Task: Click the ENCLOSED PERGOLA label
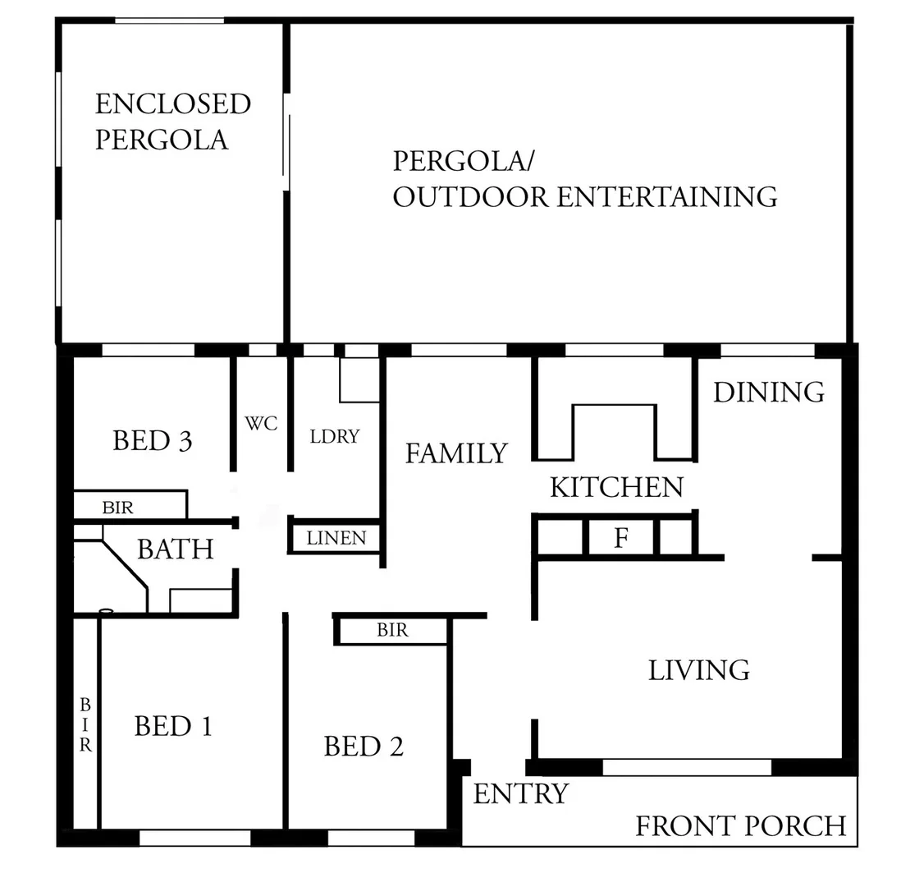[x=172, y=122]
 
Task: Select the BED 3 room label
[x=153, y=441]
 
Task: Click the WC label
[x=261, y=424]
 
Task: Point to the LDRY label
[x=335, y=436]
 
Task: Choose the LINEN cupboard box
[x=336, y=539]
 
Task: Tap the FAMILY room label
[x=456, y=453]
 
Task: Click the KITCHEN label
[x=615, y=487]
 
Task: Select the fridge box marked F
[x=621, y=539]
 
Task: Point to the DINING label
[x=768, y=393]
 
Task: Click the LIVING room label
[x=698, y=670]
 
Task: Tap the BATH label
[x=175, y=549]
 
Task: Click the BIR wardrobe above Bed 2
[x=392, y=631]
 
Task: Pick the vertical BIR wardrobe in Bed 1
[x=85, y=724]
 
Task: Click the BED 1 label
[x=172, y=726]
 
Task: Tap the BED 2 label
[x=364, y=747]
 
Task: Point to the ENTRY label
[x=520, y=794]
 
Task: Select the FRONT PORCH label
[x=740, y=825]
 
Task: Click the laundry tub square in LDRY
[x=359, y=381]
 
